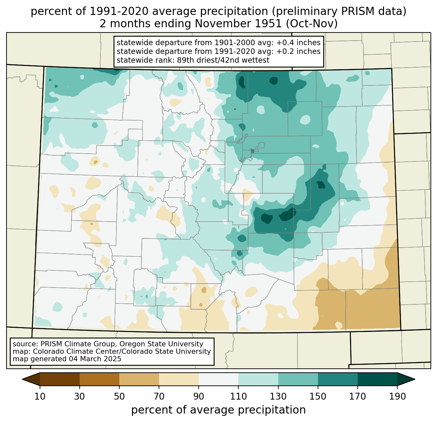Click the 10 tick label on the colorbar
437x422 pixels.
pos(40,396)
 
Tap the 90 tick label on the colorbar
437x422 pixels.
pos(199,396)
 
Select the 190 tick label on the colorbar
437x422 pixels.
pos(397,396)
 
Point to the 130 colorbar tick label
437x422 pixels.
pos(278,396)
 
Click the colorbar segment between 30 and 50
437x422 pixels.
pos(99,379)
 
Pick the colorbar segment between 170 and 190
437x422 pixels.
pos(377,379)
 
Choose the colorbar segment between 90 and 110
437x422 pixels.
pos(218,379)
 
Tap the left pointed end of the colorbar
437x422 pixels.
pos(22,379)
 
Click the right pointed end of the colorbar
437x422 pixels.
pos(415,379)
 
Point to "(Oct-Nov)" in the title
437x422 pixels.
pos(311,24)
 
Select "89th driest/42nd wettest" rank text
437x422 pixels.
pos(223,60)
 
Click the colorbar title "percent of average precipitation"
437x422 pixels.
pos(218,410)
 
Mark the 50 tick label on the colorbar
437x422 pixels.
pos(119,396)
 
